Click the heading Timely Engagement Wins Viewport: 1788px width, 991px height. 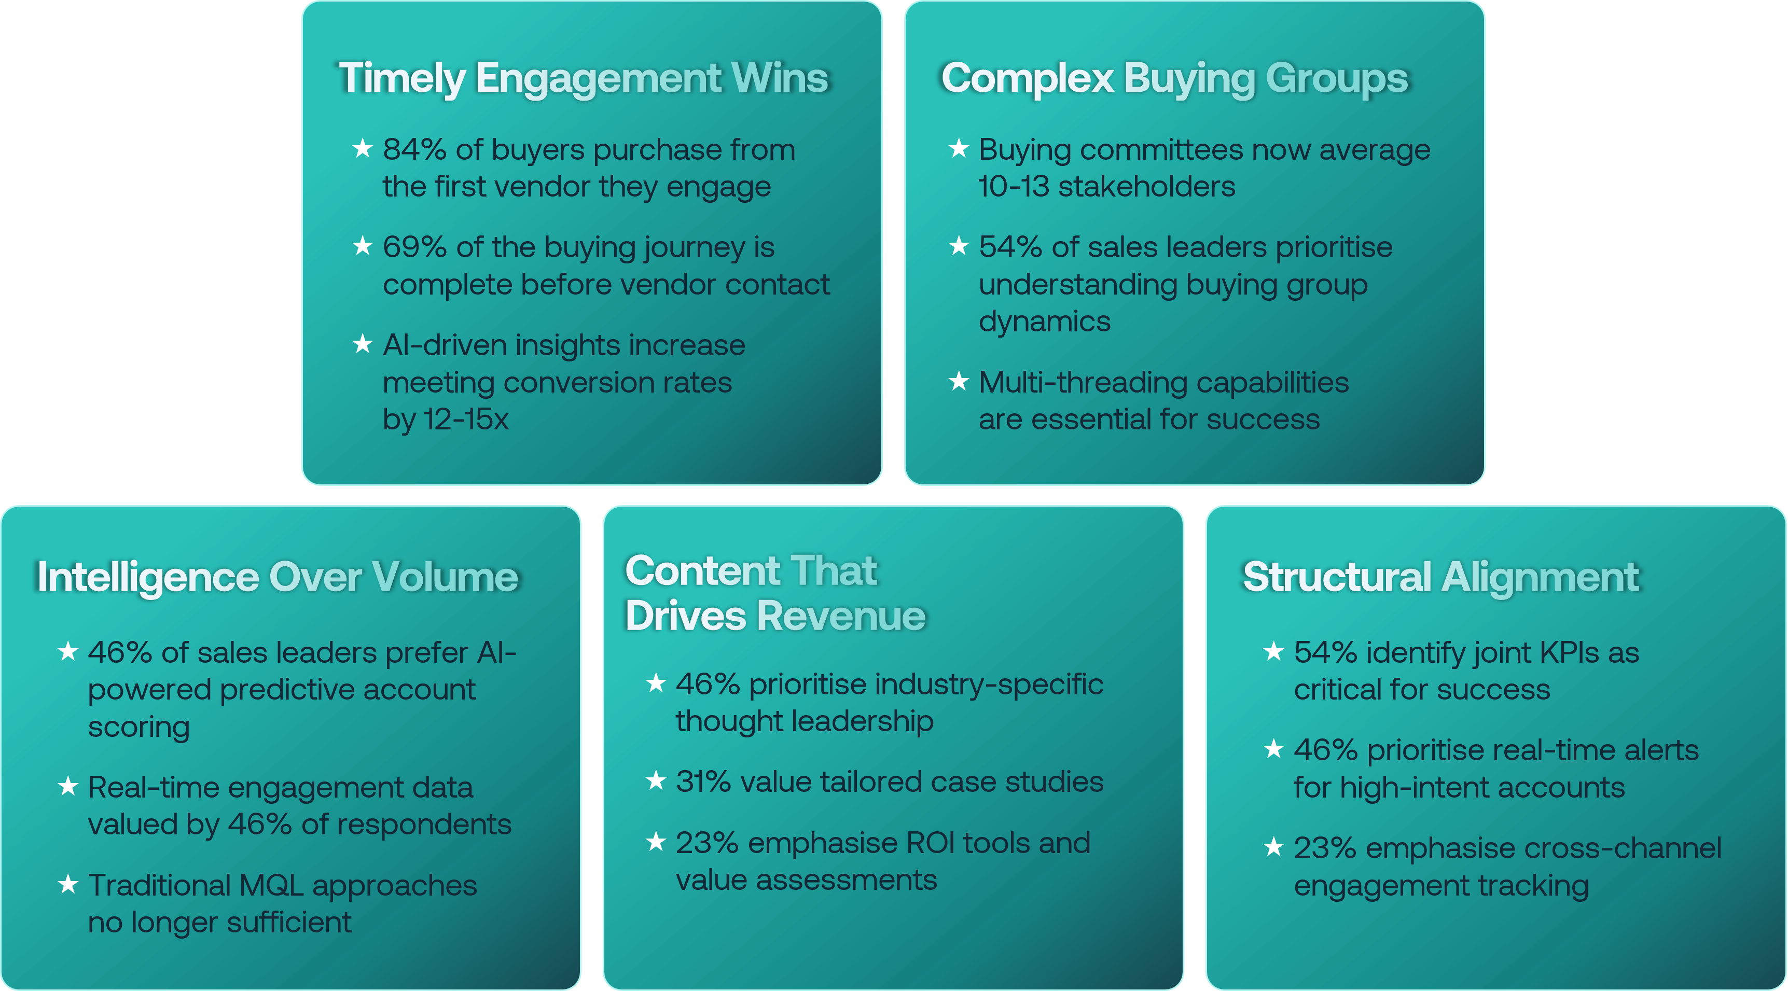584,78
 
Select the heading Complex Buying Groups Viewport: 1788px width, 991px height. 1174,78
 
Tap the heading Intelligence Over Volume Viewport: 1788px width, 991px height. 278,577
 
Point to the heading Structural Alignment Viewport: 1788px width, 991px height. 1441,577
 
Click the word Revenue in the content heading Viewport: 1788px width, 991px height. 841,616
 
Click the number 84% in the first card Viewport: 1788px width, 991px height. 414,150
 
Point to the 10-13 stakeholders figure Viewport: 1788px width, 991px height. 1106,187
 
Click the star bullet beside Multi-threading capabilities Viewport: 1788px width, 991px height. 959,381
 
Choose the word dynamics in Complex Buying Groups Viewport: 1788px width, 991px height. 1045,322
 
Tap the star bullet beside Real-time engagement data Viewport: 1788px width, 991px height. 67,786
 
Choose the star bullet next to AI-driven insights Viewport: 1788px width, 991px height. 362,343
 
